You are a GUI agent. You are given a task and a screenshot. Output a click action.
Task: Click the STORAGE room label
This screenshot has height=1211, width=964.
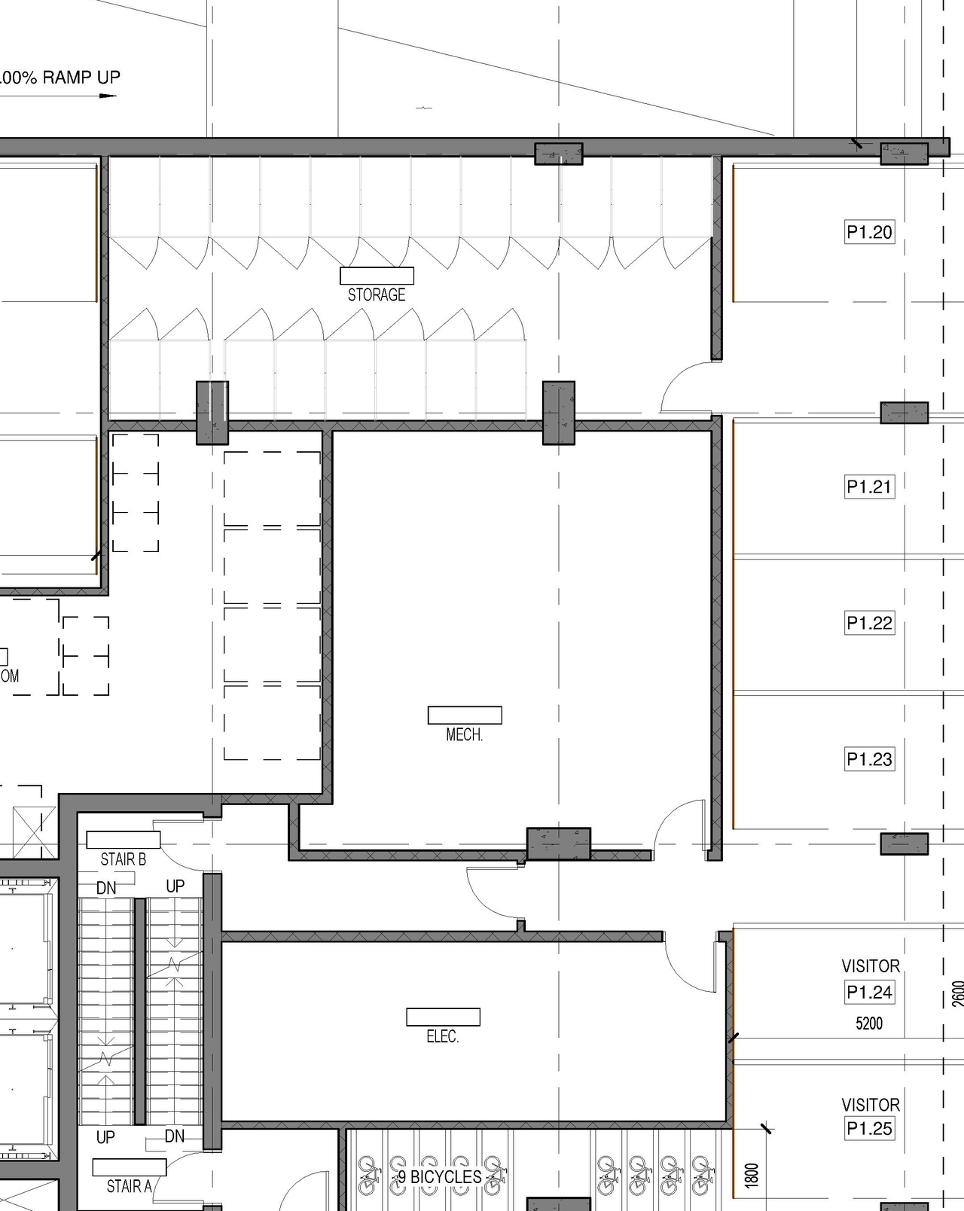(x=377, y=294)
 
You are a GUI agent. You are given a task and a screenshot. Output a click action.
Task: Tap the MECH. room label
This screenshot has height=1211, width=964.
(x=464, y=734)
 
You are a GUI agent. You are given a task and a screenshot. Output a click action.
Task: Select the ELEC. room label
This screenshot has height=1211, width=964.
(x=442, y=1036)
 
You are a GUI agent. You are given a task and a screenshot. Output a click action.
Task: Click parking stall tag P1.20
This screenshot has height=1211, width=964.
(x=869, y=232)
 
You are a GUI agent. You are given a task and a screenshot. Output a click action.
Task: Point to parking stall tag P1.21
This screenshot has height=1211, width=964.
(x=869, y=487)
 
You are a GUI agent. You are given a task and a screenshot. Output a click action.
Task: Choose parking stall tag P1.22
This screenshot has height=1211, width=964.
(x=869, y=623)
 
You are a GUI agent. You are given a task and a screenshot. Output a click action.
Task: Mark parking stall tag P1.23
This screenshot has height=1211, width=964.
(x=869, y=759)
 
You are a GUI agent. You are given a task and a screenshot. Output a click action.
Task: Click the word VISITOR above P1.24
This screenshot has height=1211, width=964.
(x=871, y=965)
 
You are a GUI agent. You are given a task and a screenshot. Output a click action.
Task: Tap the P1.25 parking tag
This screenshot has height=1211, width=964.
(x=869, y=1128)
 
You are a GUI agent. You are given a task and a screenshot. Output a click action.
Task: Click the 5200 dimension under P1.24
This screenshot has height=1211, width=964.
(x=869, y=1023)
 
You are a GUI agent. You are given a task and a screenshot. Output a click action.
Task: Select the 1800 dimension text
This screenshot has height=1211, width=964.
(x=752, y=1175)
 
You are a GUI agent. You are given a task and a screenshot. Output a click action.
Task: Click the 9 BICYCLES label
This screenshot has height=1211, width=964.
(x=440, y=1176)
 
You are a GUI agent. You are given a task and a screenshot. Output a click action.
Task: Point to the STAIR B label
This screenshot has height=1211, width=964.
(x=123, y=859)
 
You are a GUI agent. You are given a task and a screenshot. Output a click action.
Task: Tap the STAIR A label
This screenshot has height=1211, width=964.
(x=129, y=1186)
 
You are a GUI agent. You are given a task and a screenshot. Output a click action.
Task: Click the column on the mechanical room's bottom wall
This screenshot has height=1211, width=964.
(x=558, y=843)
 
